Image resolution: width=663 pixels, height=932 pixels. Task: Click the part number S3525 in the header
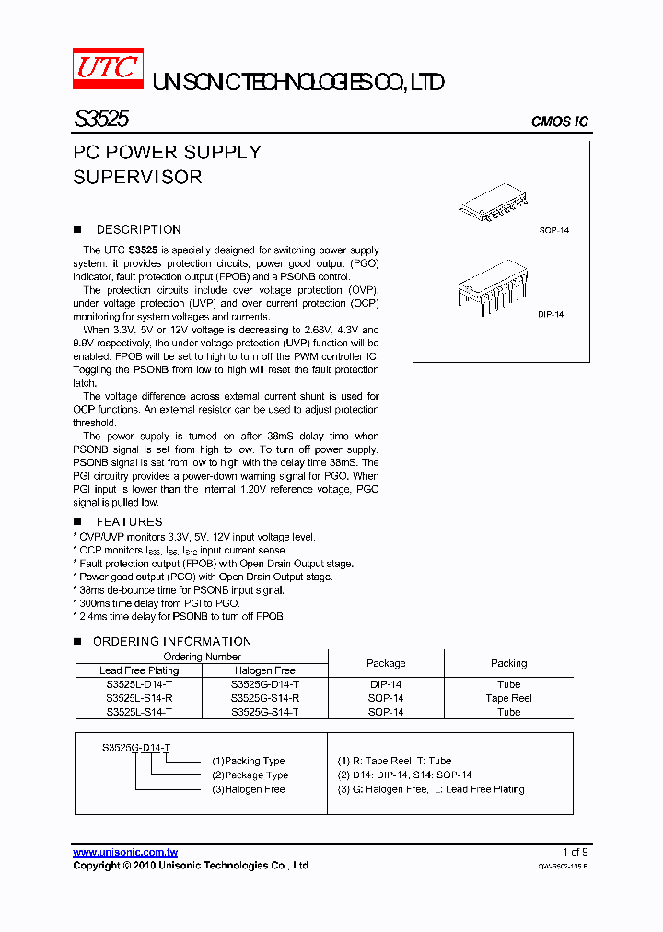coord(101,120)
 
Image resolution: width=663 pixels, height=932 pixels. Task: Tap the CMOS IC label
coord(560,122)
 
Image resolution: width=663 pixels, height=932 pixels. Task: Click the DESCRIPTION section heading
coord(138,229)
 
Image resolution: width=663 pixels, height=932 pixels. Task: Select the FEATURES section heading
coord(129,521)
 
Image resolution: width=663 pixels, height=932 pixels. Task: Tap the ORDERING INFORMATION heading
coord(171,641)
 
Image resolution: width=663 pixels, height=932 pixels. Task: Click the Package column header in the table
coord(386,663)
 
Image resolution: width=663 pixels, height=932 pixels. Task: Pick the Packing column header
coord(508,663)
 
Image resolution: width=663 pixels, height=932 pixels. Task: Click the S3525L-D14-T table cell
coord(139,684)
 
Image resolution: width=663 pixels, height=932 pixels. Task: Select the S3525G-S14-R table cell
coord(265,698)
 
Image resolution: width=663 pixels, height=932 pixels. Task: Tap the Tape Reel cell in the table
coord(508,698)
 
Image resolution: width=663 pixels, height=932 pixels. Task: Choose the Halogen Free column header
coord(265,670)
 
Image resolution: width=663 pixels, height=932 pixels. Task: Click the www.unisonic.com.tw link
coord(124,852)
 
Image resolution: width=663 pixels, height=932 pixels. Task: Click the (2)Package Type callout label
coord(250,775)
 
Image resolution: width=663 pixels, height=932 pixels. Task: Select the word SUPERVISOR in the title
coord(137,177)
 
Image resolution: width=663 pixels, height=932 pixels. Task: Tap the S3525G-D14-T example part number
coord(136,747)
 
